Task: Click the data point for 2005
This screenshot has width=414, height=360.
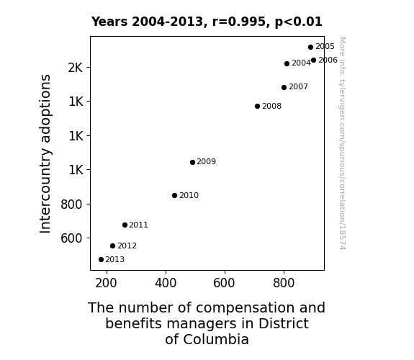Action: coord(310,47)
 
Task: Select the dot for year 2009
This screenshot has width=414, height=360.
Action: coord(192,162)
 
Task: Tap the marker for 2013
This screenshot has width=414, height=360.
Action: coord(101,260)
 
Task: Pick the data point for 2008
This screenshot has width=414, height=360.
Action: coord(258,106)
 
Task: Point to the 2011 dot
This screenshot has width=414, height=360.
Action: coord(125,225)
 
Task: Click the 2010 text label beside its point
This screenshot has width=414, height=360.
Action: coord(189,195)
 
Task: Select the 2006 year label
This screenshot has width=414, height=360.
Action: coord(328,60)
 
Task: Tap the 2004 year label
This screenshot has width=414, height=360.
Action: coord(301,63)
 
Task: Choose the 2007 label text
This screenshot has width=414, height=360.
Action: coord(298,86)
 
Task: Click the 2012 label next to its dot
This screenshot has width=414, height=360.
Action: coord(127,246)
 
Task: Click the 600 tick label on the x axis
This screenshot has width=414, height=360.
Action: coord(224,283)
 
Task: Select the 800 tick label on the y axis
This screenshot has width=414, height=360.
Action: coord(71,204)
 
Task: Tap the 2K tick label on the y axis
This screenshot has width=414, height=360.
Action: coord(76,68)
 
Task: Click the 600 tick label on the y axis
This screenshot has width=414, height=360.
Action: coord(71,238)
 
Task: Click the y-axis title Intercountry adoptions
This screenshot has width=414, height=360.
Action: coord(45,153)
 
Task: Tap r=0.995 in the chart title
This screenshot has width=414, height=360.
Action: coord(239,22)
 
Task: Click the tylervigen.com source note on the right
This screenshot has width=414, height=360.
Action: coord(342,143)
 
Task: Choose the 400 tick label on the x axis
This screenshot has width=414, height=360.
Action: coord(166,283)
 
